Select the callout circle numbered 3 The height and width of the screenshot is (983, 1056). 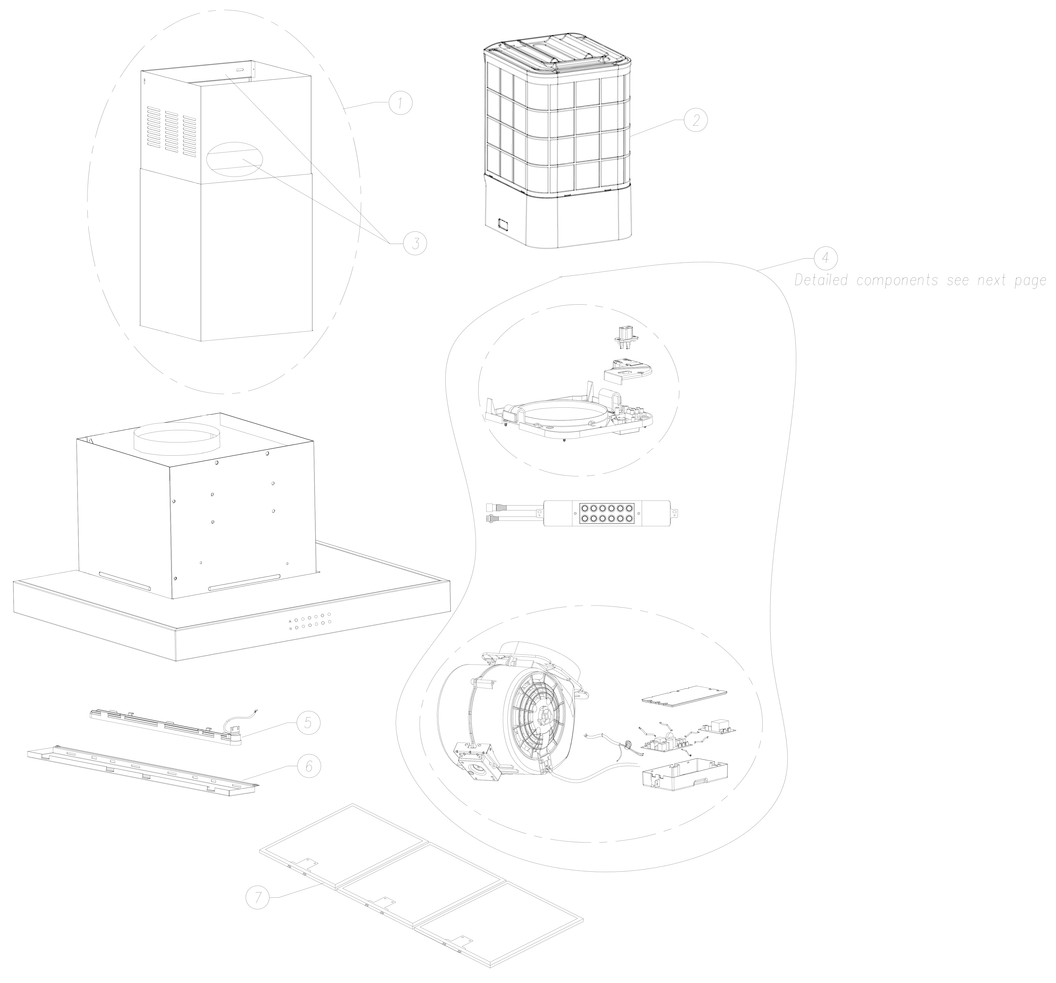[x=415, y=243]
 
